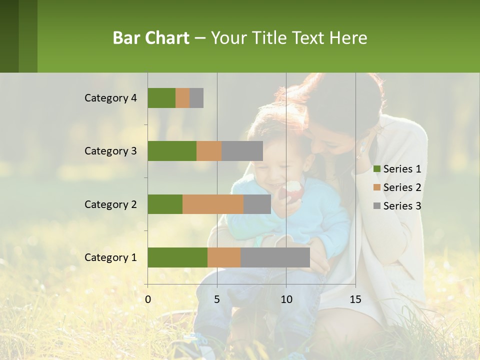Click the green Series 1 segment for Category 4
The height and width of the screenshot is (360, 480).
tap(161, 98)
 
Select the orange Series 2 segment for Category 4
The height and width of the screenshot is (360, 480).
tap(182, 98)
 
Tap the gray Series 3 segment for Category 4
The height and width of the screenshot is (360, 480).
tap(196, 98)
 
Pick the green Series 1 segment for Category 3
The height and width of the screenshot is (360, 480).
tap(172, 151)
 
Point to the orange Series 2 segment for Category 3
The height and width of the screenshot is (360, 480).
tap(209, 151)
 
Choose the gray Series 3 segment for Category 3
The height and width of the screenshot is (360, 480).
tap(242, 151)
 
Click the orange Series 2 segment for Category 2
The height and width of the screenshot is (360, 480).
tap(213, 204)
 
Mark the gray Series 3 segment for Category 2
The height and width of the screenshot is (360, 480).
tap(257, 204)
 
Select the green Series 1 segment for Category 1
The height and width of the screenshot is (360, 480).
tap(177, 257)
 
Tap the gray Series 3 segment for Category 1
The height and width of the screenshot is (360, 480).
tap(275, 257)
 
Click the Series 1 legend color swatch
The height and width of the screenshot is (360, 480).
tap(376, 169)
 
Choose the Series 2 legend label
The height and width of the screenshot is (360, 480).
tap(402, 187)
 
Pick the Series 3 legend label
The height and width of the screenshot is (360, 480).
tap(402, 206)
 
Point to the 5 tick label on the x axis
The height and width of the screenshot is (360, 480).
tap(217, 299)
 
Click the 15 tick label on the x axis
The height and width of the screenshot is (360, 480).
tap(355, 299)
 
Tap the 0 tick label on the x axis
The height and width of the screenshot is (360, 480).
tap(147, 299)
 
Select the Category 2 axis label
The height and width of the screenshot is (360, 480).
tap(110, 204)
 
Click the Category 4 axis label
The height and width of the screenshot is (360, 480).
tap(110, 98)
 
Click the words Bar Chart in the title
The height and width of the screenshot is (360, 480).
tap(151, 37)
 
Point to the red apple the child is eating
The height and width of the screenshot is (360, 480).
tap(292, 190)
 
